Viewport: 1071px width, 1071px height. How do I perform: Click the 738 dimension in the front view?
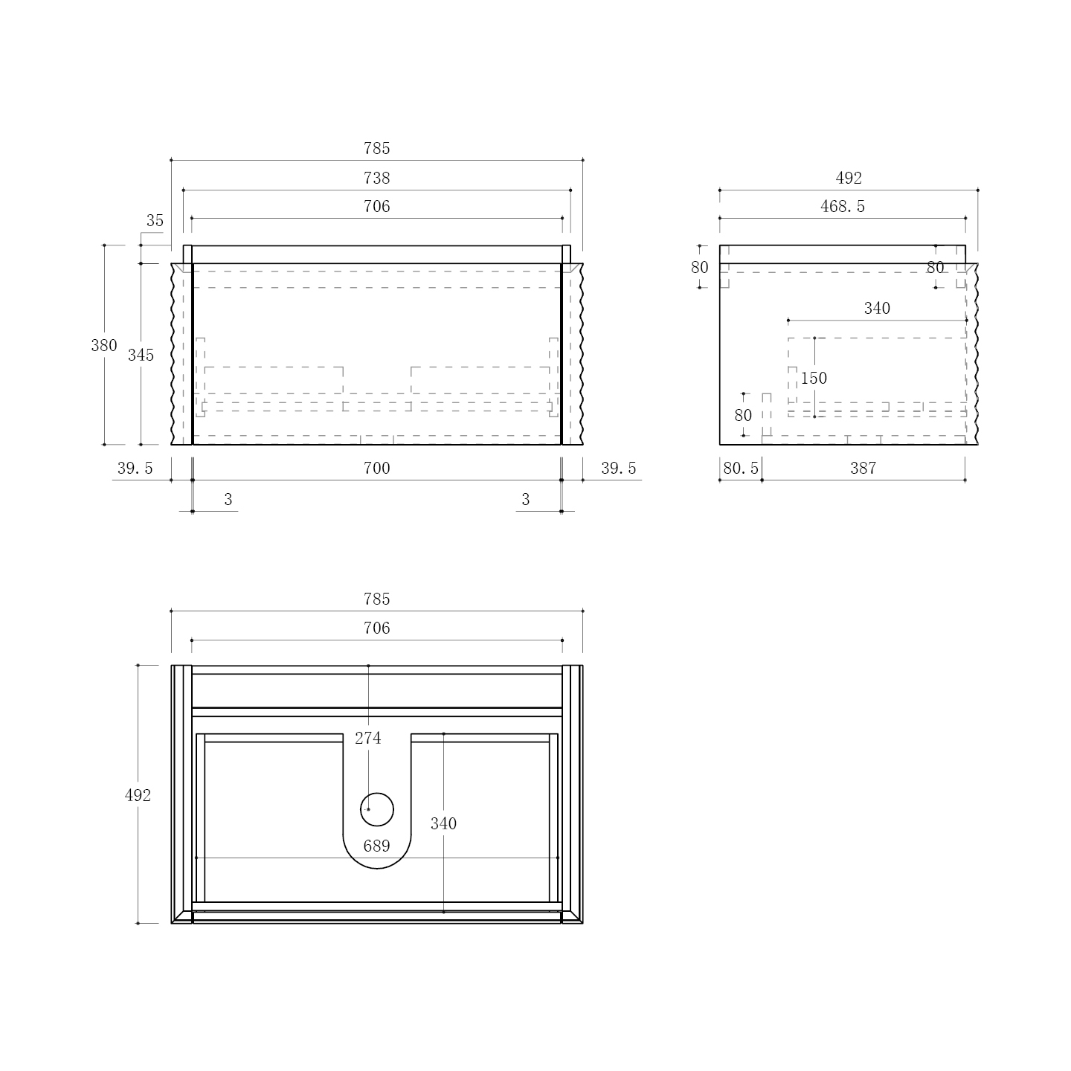tap(377, 178)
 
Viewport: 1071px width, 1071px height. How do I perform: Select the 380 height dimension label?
tap(104, 345)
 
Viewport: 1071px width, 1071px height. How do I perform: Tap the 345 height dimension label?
tap(141, 355)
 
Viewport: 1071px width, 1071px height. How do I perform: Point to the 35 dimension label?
tap(155, 221)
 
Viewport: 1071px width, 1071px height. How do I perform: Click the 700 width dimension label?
tap(377, 468)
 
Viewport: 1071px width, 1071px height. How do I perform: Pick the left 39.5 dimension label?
tap(135, 468)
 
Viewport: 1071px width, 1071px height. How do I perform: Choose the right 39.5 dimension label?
tap(618, 468)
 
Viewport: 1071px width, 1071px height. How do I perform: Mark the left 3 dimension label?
tap(228, 499)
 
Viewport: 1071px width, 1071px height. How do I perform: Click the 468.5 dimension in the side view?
tap(843, 206)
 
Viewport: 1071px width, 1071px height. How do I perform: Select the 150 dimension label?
tap(814, 378)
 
